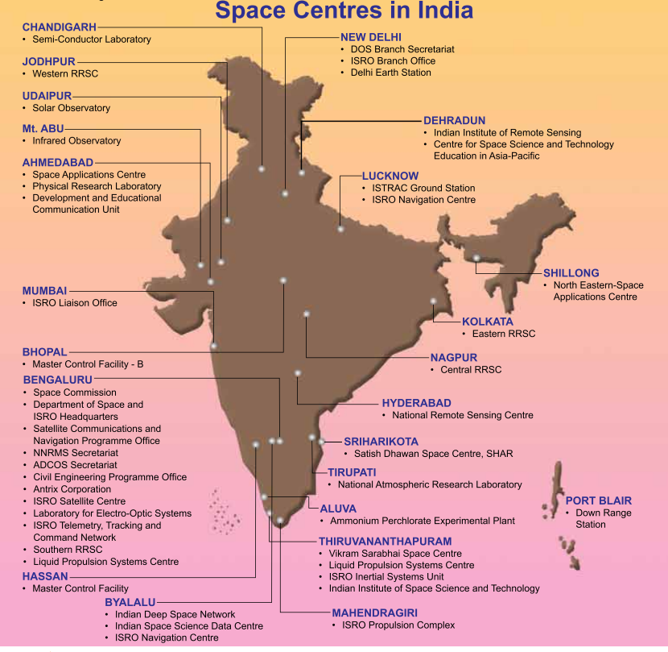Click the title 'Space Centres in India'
pos(344,11)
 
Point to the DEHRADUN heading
pos(454,121)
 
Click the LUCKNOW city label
pos(390,176)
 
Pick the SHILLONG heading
pos(571,273)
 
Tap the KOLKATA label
pos(488,322)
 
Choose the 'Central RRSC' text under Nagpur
pos(471,370)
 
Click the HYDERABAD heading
pos(416,403)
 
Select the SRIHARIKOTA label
pos(381,442)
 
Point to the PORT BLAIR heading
pos(598,500)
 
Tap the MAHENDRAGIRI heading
pos(374,613)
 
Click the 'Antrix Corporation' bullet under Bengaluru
pos(72,489)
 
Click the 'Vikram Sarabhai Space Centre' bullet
pos(395,554)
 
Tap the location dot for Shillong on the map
pos(477,259)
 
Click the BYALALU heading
pos(130,602)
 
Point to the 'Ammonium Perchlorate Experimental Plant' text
pos(422,521)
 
